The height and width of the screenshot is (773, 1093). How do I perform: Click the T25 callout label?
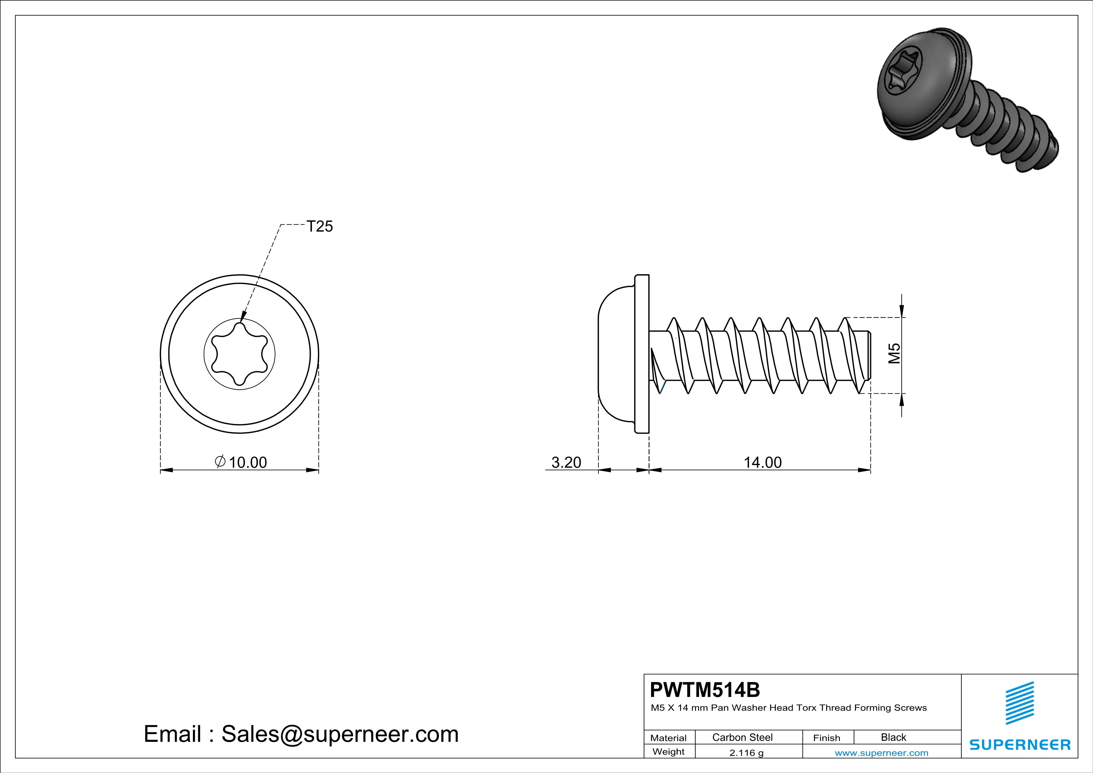pyautogui.click(x=319, y=227)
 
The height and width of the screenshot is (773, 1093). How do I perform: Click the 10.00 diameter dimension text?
pyautogui.click(x=247, y=462)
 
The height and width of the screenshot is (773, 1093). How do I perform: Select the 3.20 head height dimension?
pyautogui.click(x=566, y=462)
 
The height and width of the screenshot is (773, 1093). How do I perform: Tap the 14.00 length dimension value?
pyautogui.click(x=763, y=462)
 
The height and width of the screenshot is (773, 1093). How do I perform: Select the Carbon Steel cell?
pyautogui.click(x=742, y=737)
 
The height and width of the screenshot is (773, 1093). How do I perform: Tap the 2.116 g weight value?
pyautogui.click(x=746, y=752)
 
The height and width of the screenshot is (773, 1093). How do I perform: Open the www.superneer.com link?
pyautogui.click(x=881, y=752)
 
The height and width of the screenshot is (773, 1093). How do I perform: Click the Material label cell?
pyautogui.click(x=669, y=738)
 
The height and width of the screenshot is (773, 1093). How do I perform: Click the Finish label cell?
pyautogui.click(x=827, y=738)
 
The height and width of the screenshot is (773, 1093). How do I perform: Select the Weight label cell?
pyautogui.click(x=669, y=751)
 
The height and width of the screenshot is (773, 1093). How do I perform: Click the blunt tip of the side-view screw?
pyautogui.click(x=868, y=355)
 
